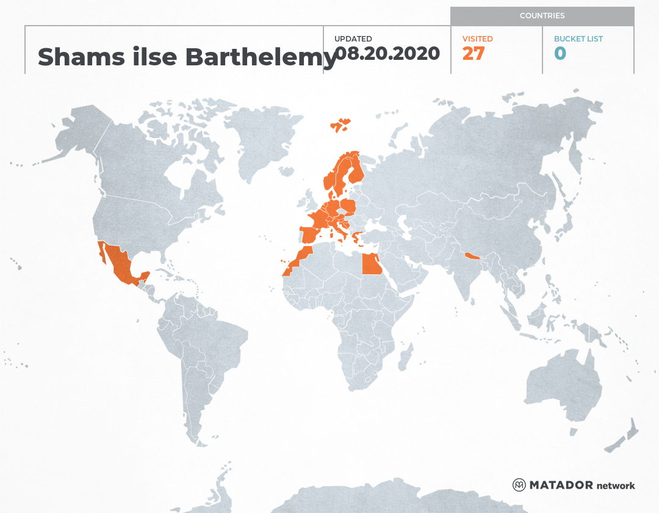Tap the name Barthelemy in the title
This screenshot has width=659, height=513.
[x=261, y=57]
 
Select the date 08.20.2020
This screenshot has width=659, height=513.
[x=387, y=54]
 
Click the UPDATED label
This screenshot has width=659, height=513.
[x=353, y=39]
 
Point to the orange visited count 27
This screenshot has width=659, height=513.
[x=473, y=54]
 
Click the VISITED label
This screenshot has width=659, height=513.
[x=477, y=39]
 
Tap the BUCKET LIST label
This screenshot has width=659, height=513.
[x=578, y=39]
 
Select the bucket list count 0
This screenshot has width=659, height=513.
[x=560, y=54]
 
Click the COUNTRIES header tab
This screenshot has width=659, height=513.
[x=542, y=16]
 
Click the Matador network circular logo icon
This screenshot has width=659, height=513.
[x=519, y=485]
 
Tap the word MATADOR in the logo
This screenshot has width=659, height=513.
[x=561, y=486]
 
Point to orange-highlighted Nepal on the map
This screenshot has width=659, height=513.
[x=472, y=256]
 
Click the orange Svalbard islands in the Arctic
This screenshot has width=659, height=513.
[x=340, y=125]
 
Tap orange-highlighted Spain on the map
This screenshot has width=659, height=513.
[x=309, y=235]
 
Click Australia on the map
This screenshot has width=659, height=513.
[x=561, y=385]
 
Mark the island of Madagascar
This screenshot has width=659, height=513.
[x=404, y=357]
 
